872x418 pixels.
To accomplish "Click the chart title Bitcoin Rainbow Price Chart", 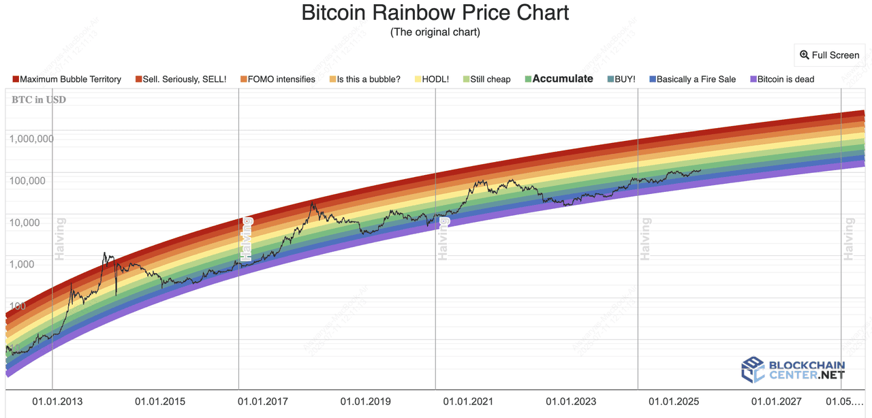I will tap(435, 12).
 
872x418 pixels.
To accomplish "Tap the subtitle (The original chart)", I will tap(435, 32).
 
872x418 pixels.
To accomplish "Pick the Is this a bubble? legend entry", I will tap(369, 79).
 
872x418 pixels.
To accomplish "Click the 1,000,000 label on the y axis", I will tap(31, 139).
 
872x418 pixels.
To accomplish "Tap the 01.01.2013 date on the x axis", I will tap(57, 402).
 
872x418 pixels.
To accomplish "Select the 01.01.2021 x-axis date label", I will tap(468, 402).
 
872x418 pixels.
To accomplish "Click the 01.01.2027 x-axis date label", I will tap(776, 402).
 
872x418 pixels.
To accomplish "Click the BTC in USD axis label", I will tap(39, 100).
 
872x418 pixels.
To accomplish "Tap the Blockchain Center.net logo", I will tap(792, 370).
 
